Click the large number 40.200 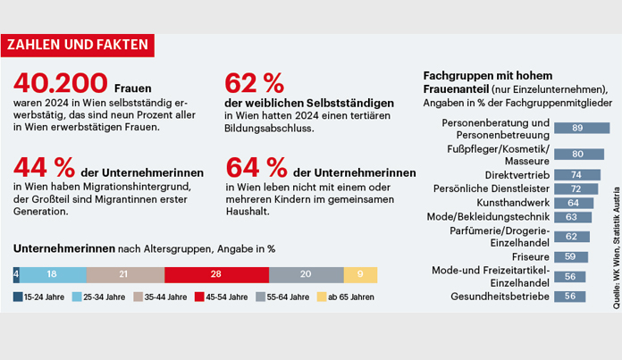[60, 83]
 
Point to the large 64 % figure [256, 167]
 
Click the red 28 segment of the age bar [216, 274]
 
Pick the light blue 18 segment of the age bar [53, 274]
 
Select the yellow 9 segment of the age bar [360, 274]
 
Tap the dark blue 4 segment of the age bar [16, 274]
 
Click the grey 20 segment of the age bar [306, 274]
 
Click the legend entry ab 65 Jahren [346, 297]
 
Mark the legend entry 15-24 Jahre [41, 297]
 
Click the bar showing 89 [576, 128]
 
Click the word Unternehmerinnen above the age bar [58, 247]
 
